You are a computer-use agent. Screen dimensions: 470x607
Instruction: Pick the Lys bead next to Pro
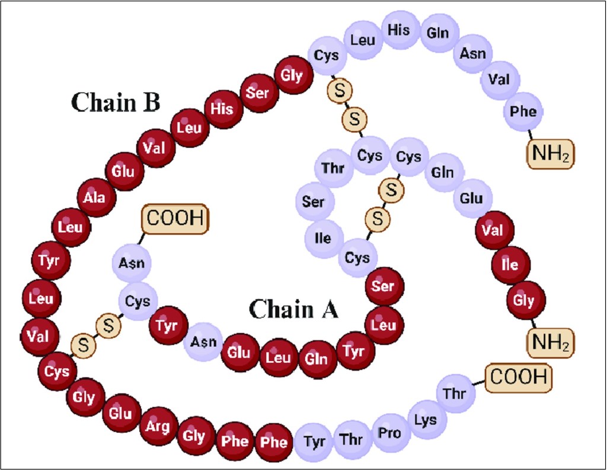pos(426,420)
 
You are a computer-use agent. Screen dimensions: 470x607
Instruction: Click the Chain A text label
pos(293,308)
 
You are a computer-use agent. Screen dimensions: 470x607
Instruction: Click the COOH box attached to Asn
pos(175,219)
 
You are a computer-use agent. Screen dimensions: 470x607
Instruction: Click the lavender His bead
pos(398,30)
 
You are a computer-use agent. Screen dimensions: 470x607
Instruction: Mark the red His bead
pos(222,108)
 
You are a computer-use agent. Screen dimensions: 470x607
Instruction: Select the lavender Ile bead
pos(324,239)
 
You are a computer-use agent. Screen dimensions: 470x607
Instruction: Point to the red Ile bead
pos(510,265)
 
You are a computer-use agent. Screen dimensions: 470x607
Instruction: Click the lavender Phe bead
pos(523,111)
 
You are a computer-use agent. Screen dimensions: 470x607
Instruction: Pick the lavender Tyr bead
pos(314,442)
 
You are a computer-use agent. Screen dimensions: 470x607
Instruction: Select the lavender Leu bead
pos(363,40)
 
